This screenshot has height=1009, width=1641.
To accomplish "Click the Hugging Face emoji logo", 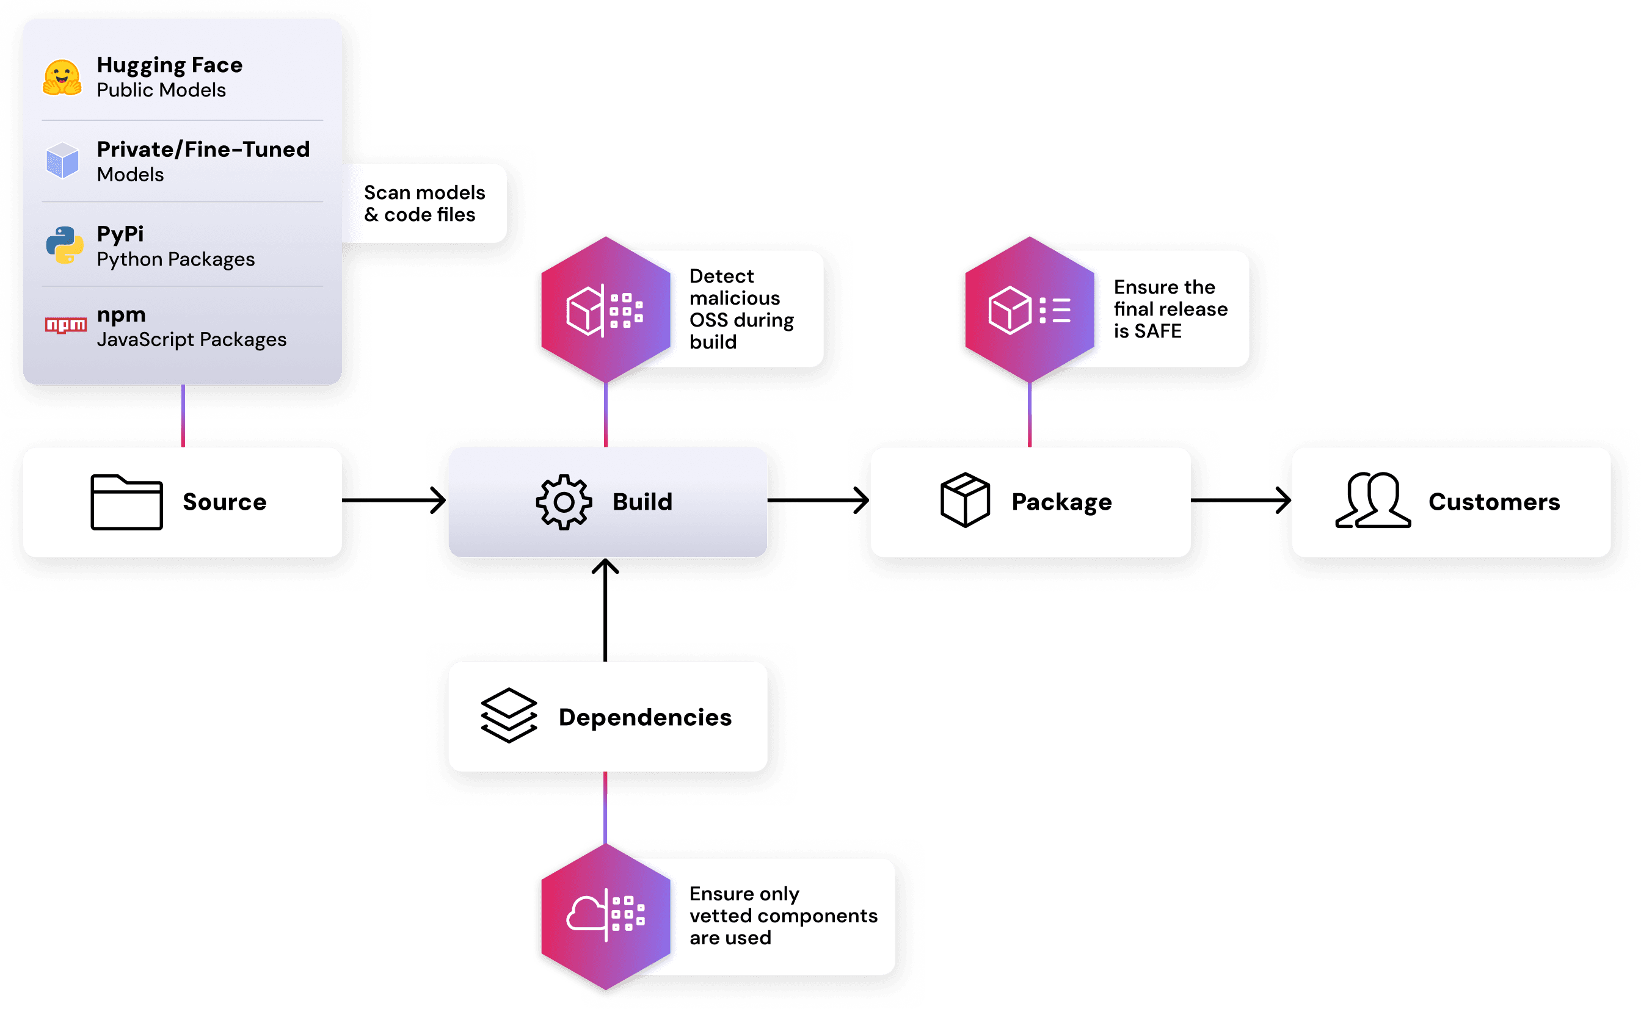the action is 62,78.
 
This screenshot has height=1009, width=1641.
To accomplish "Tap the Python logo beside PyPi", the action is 64,245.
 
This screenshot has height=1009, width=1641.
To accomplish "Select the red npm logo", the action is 65,325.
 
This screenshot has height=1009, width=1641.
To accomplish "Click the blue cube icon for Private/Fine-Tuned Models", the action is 62,160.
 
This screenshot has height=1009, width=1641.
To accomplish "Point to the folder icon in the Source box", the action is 126,502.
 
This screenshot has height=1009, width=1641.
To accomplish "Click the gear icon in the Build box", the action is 564,502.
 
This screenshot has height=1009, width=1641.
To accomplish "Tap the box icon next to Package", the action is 965,500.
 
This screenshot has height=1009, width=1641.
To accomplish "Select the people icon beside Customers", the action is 1373,500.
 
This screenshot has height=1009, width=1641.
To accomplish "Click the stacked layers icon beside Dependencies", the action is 509,715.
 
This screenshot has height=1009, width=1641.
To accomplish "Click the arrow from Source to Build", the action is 394,500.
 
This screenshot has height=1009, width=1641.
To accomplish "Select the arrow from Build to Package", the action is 818,500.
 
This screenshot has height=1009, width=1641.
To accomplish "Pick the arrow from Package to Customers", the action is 1240,500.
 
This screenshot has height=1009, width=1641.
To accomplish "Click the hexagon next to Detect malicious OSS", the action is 606,309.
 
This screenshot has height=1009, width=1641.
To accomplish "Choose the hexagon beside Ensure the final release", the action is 1030,309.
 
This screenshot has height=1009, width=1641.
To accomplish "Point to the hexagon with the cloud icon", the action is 606,916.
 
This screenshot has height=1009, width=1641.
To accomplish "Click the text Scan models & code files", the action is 424,203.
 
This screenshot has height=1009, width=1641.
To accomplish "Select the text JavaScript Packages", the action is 192,339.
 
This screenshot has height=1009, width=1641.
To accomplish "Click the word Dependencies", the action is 645,717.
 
